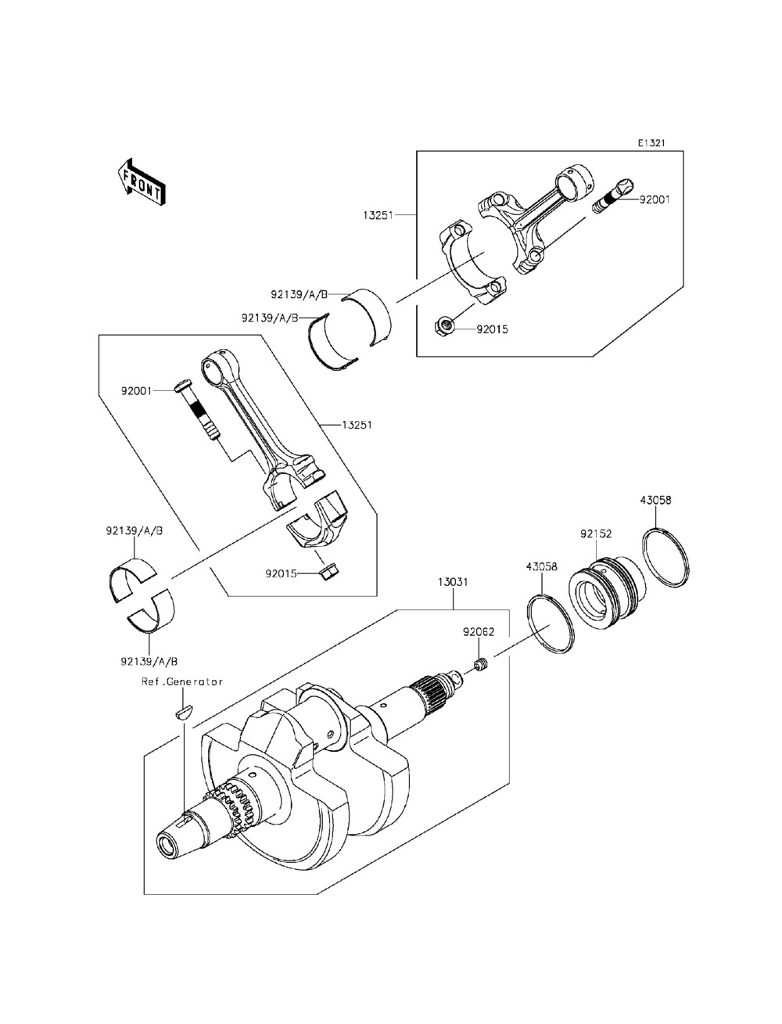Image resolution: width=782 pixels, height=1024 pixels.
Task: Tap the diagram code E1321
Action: [x=650, y=143]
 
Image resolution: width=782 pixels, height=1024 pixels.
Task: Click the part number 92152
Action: [x=596, y=534]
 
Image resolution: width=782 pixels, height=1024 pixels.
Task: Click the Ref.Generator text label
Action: [x=182, y=681]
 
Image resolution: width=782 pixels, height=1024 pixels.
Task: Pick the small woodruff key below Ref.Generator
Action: [x=183, y=712]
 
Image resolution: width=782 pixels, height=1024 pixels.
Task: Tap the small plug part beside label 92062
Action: [x=480, y=666]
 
